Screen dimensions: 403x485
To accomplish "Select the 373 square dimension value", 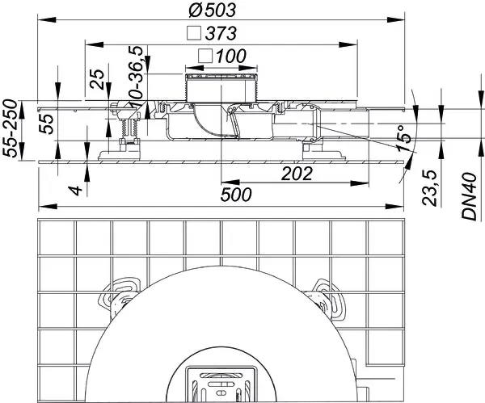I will pyautogui.click(x=221, y=34).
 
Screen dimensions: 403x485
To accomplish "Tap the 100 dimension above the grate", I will pyautogui.click(x=230, y=57).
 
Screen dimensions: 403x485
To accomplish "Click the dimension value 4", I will pyautogui.click(x=74, y=191).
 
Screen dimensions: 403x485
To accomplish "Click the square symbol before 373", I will pyautogui.click(x=193, y=34).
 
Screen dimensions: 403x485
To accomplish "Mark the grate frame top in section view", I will pyautogui.click(x=220, y=76).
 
